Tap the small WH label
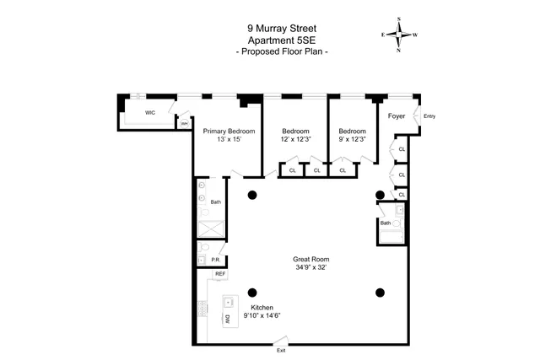tap(184, 124)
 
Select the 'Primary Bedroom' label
tap(229, 131)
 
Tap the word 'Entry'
tap(429, 116)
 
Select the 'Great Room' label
tap(310, 259)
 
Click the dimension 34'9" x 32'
tap(310, 267)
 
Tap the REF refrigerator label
tap(219, 274)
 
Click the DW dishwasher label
tap(227, 320)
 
